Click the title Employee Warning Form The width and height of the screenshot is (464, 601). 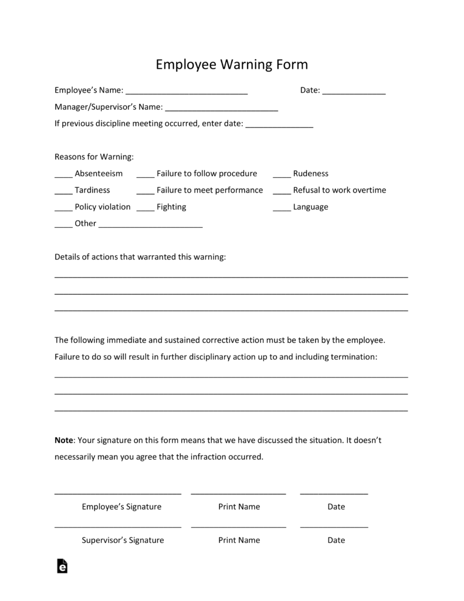[232, 65]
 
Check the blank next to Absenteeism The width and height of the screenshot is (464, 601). [63, 175]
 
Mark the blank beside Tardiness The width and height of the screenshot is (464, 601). [63, 191]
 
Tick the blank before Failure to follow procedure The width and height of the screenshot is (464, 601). [145, 175]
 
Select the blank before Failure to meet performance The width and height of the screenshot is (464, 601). [145, 191]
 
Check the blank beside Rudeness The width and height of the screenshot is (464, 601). [282, 175]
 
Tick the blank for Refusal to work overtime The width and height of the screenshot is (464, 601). [282, 191]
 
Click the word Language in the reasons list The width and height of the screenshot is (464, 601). [310, 207]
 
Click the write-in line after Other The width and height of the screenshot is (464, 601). [151, 225]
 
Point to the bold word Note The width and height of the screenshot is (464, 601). [63, 440]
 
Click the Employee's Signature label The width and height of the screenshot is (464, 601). [121, 507]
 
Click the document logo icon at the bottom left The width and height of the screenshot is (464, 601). [62, 565]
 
